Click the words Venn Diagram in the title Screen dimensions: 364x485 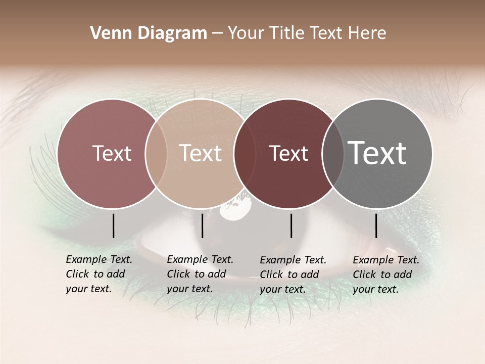149,33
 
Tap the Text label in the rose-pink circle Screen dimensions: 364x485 112,153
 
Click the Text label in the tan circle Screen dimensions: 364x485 200,153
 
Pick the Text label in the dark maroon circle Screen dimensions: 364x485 289,153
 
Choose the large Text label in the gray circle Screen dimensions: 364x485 377,153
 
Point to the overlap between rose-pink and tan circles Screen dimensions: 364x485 156,154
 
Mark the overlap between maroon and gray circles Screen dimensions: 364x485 332,154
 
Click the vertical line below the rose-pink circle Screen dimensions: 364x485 113,225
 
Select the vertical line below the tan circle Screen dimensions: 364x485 202,225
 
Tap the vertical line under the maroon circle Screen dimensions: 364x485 291,225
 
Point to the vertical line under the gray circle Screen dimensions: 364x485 376,225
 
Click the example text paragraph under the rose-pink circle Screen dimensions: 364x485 99,274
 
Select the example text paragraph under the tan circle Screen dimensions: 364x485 200,274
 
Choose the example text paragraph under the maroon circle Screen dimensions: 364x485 293,275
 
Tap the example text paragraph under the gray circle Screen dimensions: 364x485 386,275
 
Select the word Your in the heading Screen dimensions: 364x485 246,33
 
